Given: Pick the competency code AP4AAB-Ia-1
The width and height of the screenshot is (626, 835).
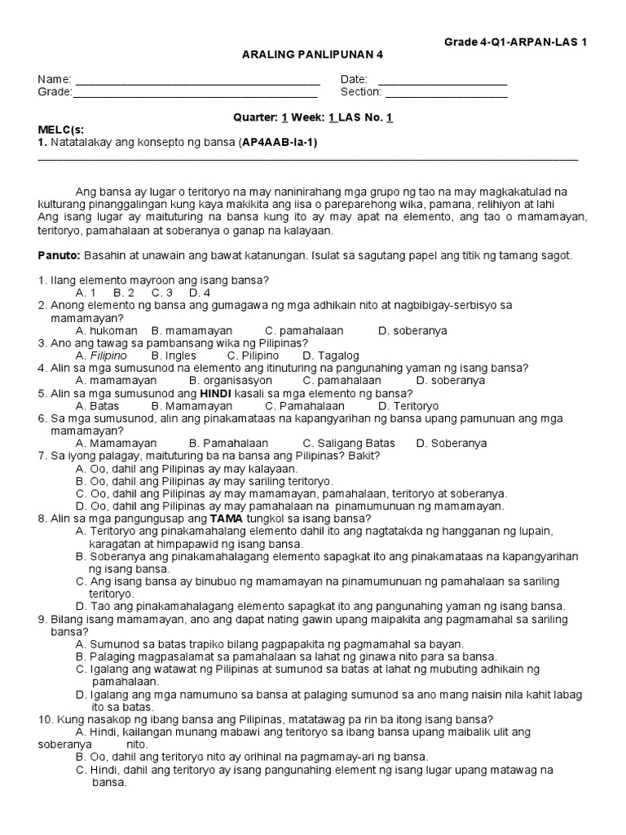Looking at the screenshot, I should (278, 143).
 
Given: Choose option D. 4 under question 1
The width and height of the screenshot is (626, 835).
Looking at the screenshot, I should (200, 293).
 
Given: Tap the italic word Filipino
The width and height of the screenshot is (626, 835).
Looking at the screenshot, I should (108, 356).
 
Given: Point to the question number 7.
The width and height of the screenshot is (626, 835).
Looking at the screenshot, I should (41, 456).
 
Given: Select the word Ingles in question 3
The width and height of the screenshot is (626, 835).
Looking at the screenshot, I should (179, 356).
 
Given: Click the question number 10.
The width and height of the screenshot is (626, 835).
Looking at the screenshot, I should (44, 719).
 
